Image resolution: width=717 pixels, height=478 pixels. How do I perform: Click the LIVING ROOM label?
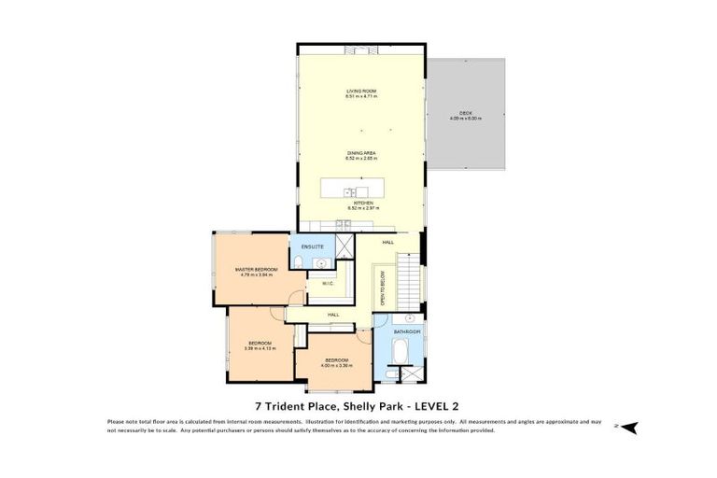coord(361,91)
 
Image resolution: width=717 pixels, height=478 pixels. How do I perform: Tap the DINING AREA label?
coord(361,154)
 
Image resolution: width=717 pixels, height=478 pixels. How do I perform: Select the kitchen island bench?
coord(361,188)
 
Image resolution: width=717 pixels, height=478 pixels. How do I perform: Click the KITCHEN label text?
coord(362,203)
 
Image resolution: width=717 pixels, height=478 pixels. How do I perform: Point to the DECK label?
coord(466,113)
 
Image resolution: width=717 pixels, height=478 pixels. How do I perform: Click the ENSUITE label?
coord(312,246)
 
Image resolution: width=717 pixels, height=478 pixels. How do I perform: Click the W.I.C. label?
coord(328,283)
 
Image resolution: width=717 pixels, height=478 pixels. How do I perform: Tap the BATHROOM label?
coord(407,331)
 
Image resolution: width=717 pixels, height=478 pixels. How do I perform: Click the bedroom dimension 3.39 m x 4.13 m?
coord(260,348)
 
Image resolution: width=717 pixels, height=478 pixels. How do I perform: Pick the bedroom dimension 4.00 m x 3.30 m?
coord(336,365)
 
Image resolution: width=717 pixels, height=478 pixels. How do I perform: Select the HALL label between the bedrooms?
coord(333,316)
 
